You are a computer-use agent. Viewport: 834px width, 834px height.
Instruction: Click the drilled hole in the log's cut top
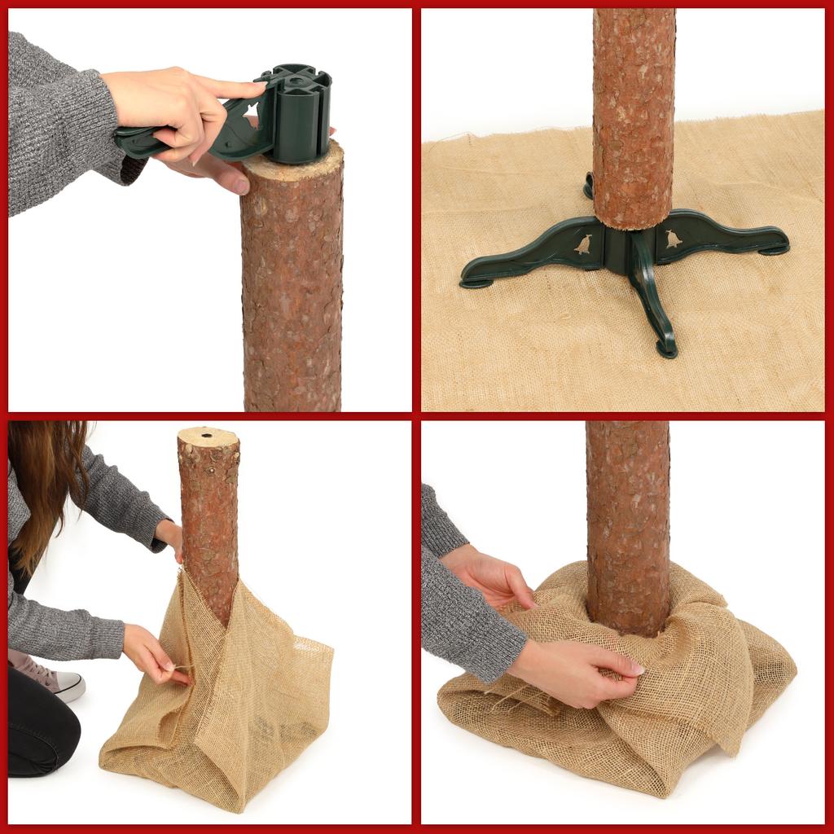pos(206,436)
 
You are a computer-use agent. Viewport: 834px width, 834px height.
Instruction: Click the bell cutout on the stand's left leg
pos(582,244)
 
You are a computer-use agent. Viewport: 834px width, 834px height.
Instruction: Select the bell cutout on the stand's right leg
pos(674,239)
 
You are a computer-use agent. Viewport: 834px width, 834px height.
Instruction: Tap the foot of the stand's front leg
pos(667,349)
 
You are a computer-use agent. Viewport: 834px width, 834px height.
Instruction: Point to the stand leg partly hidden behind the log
pos(588,187)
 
